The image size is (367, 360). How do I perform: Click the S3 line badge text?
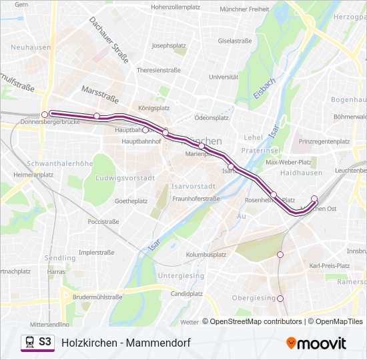point(45,341)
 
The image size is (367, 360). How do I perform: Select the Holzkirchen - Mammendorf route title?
point(126,343)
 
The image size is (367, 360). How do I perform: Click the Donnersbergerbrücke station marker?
point(45,114)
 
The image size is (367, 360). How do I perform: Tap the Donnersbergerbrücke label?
point(41,123)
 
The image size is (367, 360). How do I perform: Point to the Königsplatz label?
point(153,107)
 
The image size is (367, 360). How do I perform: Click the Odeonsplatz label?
point(212,117)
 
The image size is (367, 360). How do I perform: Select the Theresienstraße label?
point(159,69)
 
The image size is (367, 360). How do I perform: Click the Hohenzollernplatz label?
point(176,7)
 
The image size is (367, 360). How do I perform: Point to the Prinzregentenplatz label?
point(324,141)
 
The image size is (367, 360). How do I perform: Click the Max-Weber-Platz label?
point(289,162)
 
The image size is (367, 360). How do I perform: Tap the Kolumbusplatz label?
point(206,255)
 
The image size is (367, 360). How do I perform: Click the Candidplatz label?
point(186,293)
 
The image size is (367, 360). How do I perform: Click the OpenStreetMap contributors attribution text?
point(256,321)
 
